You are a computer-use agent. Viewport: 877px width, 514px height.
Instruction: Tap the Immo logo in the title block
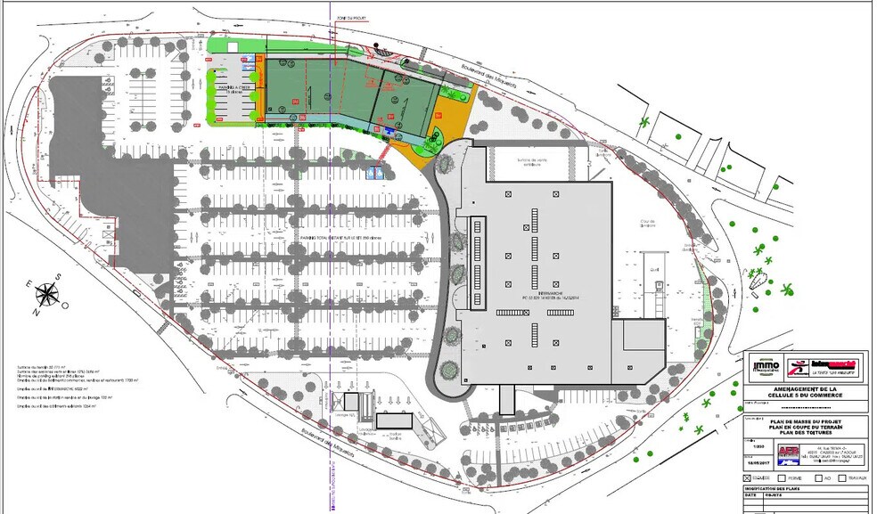[766, 365]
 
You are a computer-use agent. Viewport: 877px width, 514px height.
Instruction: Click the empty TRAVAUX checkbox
[842, 479]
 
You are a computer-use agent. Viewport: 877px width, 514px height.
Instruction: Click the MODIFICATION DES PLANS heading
[778, 490]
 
